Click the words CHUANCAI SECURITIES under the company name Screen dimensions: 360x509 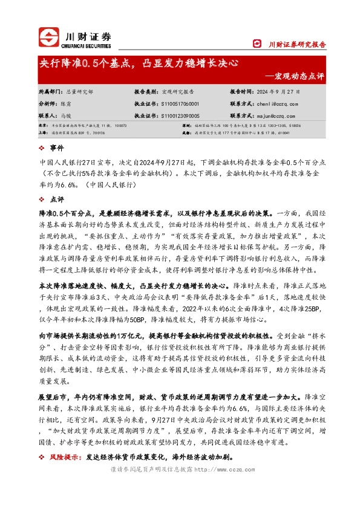click(x=87, y=44)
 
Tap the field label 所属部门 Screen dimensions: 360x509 click(x=50, y=92)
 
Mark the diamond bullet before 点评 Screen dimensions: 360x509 click(x=41, y=198)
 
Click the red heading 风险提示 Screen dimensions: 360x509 click(x=66, y=458)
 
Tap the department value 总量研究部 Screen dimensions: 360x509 click(x=79, y=92)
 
